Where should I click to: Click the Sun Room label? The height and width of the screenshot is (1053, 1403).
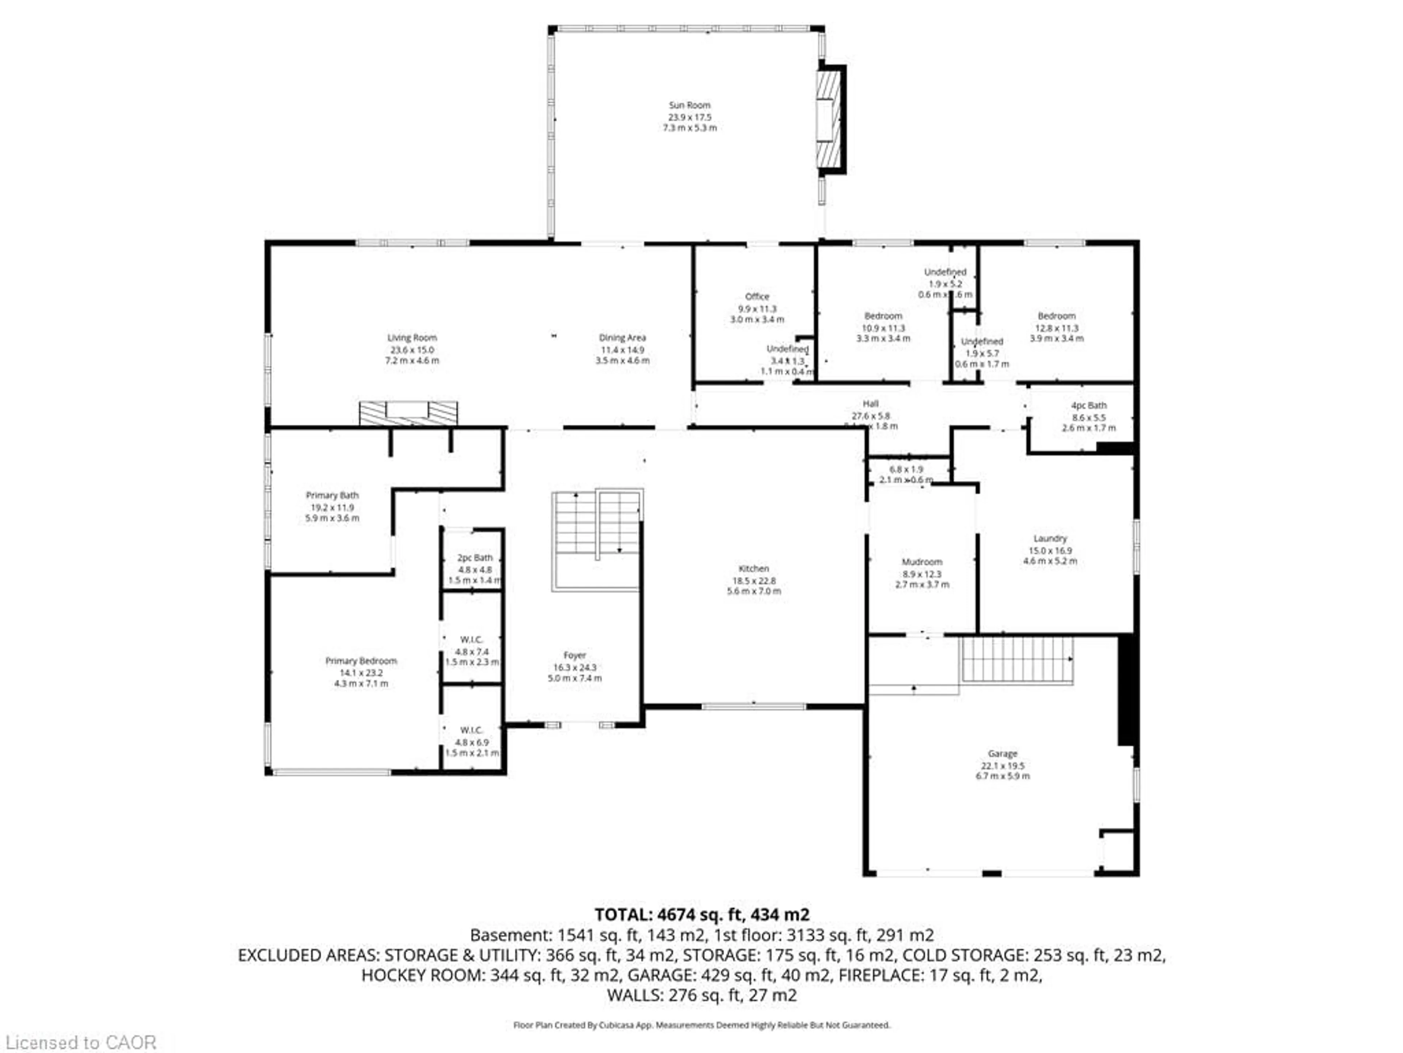[689, 105]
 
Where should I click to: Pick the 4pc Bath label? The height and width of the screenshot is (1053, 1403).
[1088, 405]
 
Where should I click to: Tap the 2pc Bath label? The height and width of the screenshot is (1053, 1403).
[475, 557]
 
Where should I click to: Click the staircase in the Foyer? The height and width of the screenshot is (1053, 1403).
[596, 524]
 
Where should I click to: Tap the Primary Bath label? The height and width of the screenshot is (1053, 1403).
[332, 495]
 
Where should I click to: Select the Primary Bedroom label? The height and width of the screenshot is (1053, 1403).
[361, 661]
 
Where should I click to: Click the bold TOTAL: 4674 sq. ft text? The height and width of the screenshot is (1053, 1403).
[701, 915]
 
